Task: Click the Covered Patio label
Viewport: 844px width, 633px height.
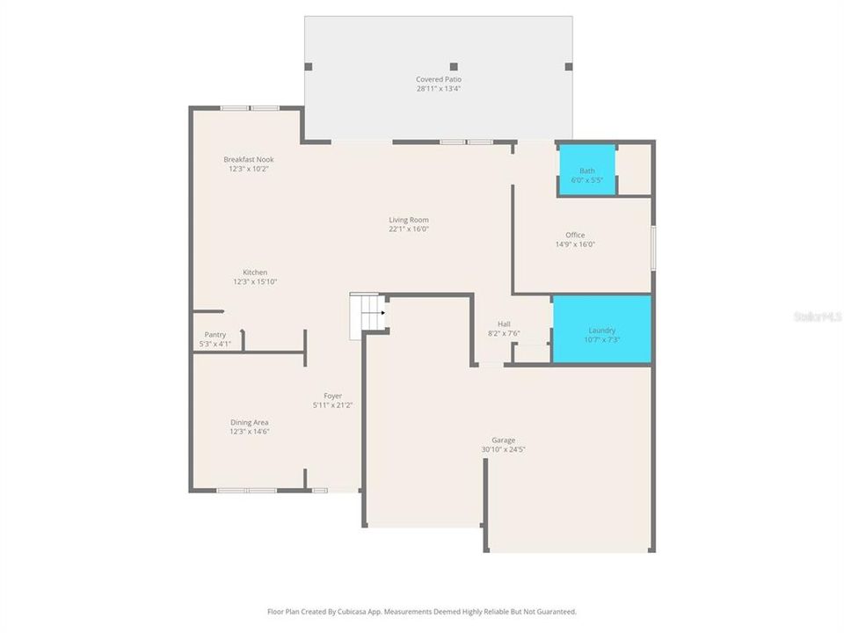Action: click(x=439, y=79)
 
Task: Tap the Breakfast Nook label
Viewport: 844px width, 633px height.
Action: click(x=248, y=159)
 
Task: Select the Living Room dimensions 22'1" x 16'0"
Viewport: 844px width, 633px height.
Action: click(x=409, y=229)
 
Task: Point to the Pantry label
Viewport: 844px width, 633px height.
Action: click(x=215, y=335)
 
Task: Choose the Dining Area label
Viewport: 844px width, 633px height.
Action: click(x=250, y=422)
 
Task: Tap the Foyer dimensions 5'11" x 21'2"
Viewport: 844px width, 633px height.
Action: click(x=332, y=405)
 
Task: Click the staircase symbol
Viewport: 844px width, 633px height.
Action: click(x=367, y=316)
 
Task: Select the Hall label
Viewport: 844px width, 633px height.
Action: click(x=504, y=324)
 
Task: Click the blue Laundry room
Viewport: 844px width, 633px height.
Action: click(x=601, y=330)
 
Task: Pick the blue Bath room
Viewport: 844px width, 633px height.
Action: click(x=586, y=171)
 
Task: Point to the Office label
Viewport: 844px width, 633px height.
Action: click(x=575, y=235)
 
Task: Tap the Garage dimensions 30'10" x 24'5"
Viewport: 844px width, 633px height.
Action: click(x=503, y=449)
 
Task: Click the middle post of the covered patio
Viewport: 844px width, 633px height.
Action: click(x=454, y=67)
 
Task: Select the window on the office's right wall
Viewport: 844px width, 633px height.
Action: click(x=652, y=248)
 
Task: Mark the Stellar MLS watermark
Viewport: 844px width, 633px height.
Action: click(x=817, y=315)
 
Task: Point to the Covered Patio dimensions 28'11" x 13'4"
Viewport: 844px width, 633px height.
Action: click(x=439, y=89)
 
